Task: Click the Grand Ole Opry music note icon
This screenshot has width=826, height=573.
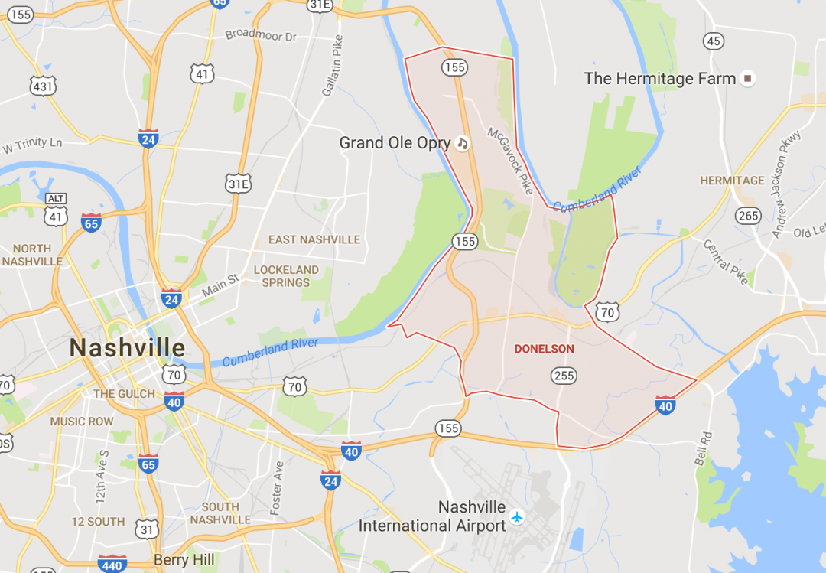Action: (461, 143)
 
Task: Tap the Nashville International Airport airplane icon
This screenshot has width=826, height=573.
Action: (518, 517)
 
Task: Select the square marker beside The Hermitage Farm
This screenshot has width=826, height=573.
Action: (749, 78)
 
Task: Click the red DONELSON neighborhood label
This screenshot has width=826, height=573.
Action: (544, 349)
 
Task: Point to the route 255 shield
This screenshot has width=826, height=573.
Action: (564, 376)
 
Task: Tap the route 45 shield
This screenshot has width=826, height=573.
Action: (713, 41)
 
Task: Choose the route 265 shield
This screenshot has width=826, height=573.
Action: (748, 216)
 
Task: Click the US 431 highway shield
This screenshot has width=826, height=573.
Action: (43, 86)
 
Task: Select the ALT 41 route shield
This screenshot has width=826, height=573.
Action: (56, 210)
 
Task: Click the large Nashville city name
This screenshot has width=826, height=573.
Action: (127, 348)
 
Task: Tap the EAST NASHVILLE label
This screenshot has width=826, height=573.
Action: (314, 239)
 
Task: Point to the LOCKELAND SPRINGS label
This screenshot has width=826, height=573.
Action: (286, 276)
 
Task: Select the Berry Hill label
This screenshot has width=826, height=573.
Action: (184, 560)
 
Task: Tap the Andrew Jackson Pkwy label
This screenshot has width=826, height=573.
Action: (786, 184)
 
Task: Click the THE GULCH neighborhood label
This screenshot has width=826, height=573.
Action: (124, 394)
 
